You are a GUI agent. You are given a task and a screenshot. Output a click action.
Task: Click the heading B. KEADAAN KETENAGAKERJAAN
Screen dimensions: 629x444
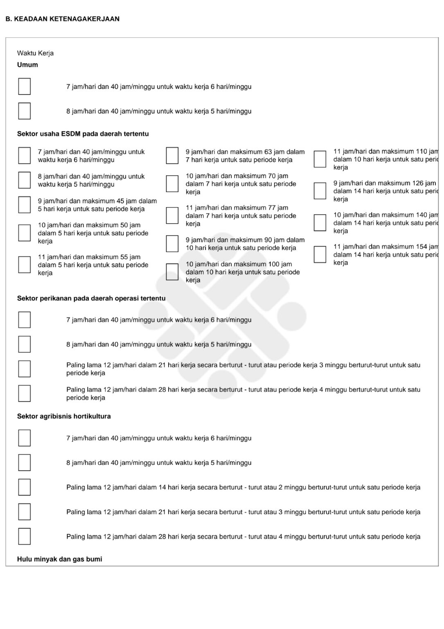pyautogui.click(x=63, y=19)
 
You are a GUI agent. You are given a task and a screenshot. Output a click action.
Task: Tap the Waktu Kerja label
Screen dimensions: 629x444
pyautogui.click(x=35, y=53)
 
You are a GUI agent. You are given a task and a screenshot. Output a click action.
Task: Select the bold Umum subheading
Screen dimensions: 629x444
pyautogui.click(x=27, y=65)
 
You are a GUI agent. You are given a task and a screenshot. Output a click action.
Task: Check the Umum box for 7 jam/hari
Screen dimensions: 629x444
pyautogui.click(x=25, y=87)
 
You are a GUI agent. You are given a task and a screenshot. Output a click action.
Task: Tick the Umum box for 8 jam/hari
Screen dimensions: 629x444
pyautogui.click(x=25, y=111)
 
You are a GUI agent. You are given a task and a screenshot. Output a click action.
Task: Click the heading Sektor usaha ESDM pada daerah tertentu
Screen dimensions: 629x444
pyautogui.click(x=83, y=134)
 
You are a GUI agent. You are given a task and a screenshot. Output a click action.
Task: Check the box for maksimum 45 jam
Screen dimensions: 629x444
pyautogui.click(x=25, y=205)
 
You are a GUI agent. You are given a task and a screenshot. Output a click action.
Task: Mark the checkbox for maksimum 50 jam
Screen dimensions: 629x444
pyautogui.click(x=25, y=233)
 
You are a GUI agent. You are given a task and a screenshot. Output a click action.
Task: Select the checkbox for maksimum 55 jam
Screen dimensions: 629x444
pyautogui.click(x=25, y=265)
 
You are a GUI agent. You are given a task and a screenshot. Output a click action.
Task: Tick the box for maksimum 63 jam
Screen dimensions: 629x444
pyautogui.click(x=172, y=156)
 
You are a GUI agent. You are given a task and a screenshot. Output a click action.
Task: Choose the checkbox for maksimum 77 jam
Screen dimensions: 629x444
pyautogui.click(x=172, y=215)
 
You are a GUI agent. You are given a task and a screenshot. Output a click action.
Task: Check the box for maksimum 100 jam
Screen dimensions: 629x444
pyautogui.click(x=172, y=272)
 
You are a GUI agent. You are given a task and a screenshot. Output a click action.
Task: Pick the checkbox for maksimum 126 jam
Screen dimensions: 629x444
pyautogui.click(x=320, y=191)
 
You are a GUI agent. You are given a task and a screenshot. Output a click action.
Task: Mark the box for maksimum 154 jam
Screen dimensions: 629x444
pyautogui.click(x=320, y=254)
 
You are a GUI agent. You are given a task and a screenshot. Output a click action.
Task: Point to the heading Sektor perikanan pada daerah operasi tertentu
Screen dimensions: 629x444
pyautogui.click(x=91, y=299)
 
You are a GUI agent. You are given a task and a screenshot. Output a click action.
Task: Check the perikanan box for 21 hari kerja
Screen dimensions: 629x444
pyautogui.click(x=25, y=369)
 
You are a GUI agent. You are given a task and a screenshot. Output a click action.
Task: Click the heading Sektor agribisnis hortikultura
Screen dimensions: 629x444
pyautogui.click(x=64, y=416)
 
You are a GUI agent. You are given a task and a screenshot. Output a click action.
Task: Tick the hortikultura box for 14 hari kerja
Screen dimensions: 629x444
pyautogui.click(x=25, y=487)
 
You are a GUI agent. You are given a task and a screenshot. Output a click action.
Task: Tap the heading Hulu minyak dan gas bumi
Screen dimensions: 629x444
pyautogui.click(x=60, y=559)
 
